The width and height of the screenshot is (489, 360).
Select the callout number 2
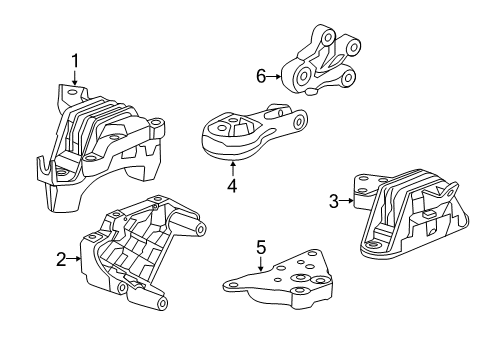(x=62, y=259)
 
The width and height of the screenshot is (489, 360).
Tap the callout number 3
(x=334, y=201)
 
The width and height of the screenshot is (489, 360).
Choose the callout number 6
(x=261, y=75)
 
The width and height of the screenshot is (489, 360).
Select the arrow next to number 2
(x=75, y=259)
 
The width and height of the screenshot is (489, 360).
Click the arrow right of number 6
(x=275, y=75)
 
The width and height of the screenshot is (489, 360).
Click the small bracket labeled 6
(x=322, y=65)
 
